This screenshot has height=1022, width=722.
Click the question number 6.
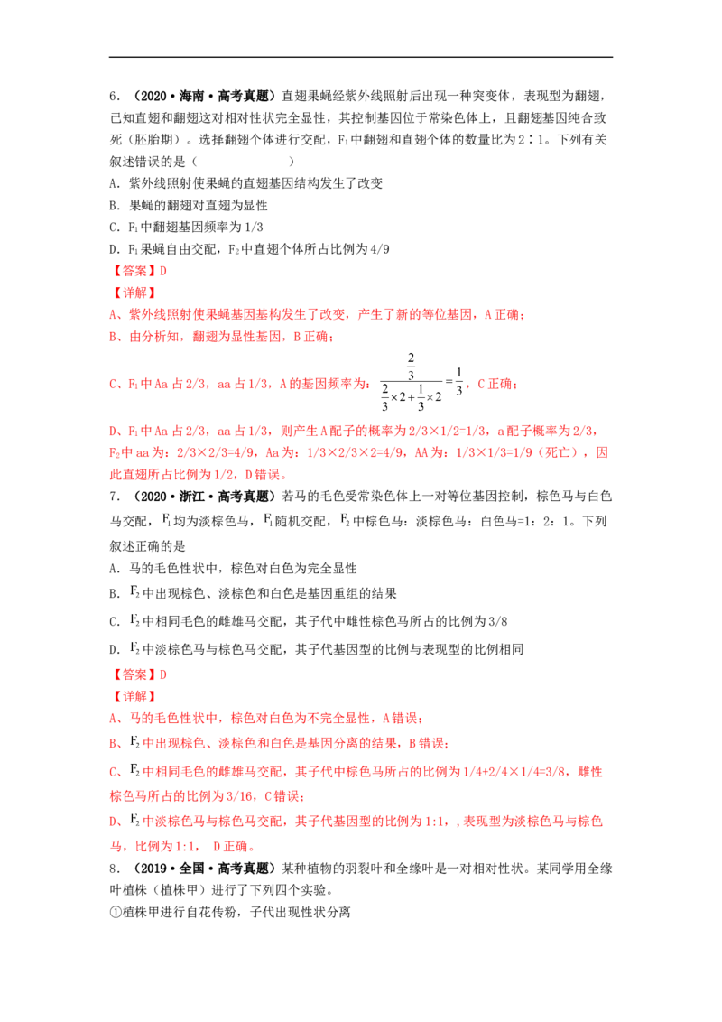114,97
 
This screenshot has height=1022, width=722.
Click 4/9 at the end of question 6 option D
379,249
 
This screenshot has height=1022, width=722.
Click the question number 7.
114,497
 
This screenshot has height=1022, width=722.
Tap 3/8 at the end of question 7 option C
497,621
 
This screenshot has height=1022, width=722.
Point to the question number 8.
114,869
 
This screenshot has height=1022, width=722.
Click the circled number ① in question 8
116,912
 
